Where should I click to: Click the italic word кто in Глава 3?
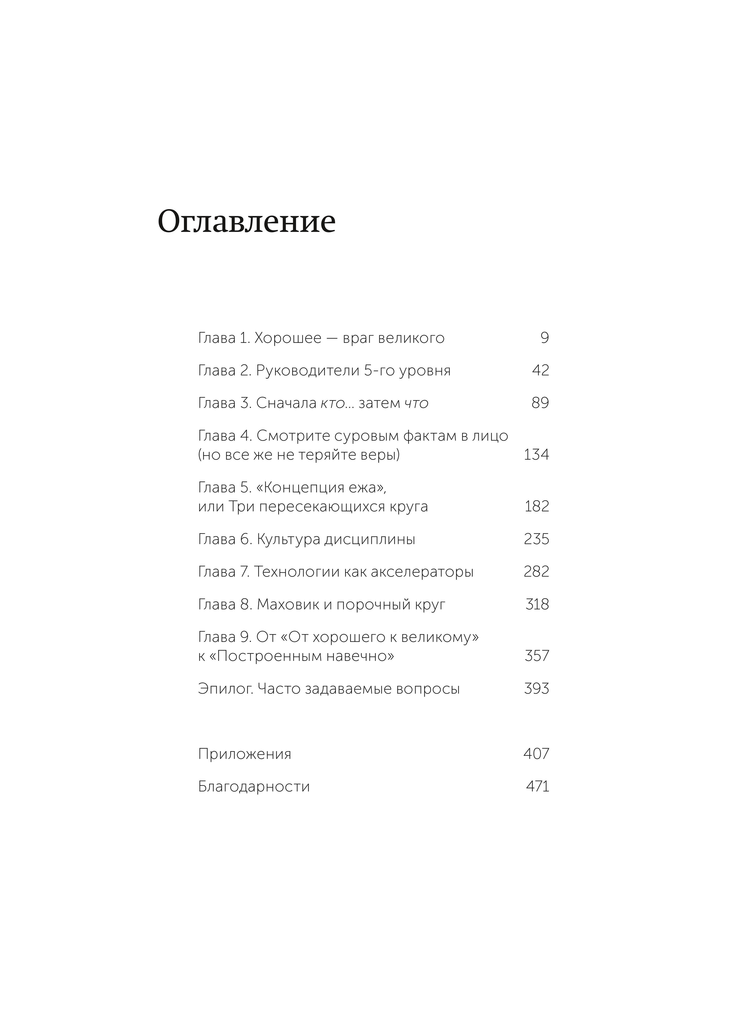pos(333,403)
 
